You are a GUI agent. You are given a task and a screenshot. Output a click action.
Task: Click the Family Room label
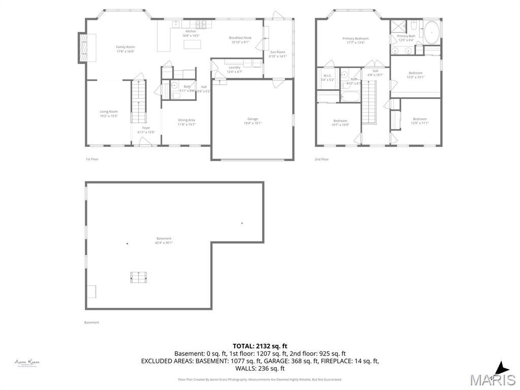(125, 47)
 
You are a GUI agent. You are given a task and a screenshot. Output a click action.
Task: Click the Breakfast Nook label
(240, 38)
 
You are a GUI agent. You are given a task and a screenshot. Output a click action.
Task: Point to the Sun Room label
(277, 52)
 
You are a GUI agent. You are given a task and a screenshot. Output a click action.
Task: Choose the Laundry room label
(234, 68)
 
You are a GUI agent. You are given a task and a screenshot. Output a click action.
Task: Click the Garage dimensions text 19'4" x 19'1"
(252, 123)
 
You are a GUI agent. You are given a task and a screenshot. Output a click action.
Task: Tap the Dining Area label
(186, 120)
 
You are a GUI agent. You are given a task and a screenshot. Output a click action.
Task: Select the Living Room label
(108, 112)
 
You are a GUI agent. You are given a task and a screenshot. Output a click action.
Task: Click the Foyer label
(146, 128)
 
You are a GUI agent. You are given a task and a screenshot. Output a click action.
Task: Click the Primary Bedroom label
(355, 39)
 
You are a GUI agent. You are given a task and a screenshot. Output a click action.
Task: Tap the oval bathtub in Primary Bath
(432, 32)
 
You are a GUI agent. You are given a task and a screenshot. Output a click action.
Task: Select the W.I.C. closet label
(327, 76)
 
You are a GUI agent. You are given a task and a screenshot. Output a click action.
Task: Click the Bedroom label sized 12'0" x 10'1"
(415, 73)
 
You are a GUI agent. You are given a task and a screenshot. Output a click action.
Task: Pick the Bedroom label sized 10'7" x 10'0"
(340, 121)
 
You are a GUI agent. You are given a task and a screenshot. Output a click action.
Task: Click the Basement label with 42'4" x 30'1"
(164, 239)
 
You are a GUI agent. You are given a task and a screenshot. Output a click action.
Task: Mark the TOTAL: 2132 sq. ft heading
(259, 346)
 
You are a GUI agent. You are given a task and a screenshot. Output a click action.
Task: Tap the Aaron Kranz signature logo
(27, 363)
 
